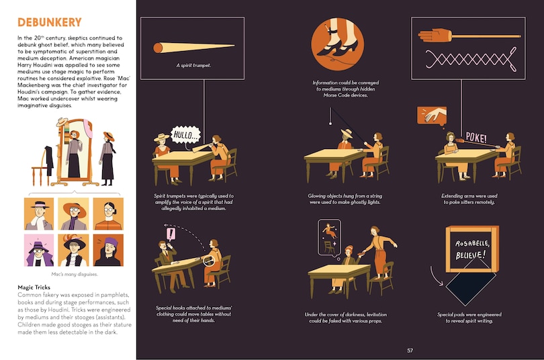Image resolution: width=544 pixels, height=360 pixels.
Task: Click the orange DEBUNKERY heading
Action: coord(50,23)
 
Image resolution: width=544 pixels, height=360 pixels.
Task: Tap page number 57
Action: coord(410,351)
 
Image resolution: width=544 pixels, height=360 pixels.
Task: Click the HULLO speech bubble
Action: coord(186,135)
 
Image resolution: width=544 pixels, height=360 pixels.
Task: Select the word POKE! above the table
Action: coord(476,137)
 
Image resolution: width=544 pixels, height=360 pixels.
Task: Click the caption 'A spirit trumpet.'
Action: coord(193,65)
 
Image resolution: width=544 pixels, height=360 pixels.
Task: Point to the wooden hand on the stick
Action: coord(435,36)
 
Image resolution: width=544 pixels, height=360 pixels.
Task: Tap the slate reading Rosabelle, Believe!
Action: coord(472,249)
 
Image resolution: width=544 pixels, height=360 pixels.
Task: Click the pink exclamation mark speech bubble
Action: coord(171,234)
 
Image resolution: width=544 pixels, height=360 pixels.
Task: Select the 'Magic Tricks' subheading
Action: coord(34,287)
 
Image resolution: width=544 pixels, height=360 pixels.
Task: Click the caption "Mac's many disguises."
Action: coord(75,274)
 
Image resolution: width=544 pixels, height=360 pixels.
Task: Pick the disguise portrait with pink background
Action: coord(39,250)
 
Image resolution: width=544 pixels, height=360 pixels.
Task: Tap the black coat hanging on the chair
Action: coord(49,161)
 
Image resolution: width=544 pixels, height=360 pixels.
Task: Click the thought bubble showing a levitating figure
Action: coord(329,238)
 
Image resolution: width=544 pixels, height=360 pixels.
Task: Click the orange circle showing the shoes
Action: coord(337,44)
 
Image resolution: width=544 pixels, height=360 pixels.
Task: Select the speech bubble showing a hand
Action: coord(432,116)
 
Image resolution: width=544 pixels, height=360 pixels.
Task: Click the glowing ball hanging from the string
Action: coord(330,123)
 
